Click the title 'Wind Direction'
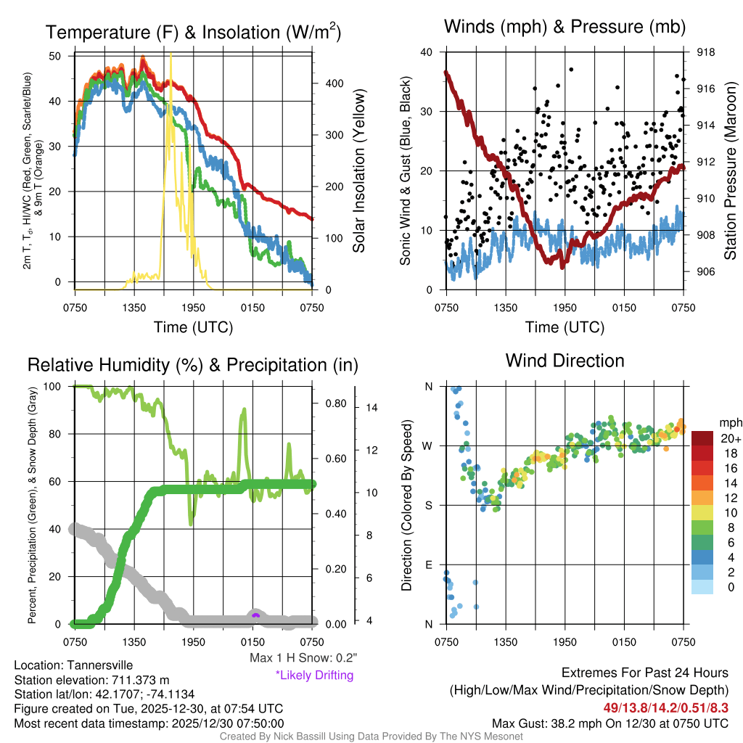pyautogui.click(x=565, y=361)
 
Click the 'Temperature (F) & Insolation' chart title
pyautogui.click(x=194, y=33)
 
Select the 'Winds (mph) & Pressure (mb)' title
pyautogui.click(x=565, y=27)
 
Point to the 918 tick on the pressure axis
pyautogui.click(x=706, y=52)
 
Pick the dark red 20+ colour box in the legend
pyautogui.click(x=703, y=438)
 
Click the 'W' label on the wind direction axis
pyautogui.click(x=428, y=446)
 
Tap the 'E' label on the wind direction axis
pyautogui.click(x=428, y=565)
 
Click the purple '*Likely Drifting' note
pyautogui.click(x=314, y=675)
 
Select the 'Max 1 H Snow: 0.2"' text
pyautogui.click(x=302, y=658)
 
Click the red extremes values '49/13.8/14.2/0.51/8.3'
pyautogui.click(x=665, y=706)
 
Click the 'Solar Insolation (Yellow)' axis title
pyautogui.click(x=358, y=171)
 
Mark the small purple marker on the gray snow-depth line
pyautogui.click(x=255, y=615)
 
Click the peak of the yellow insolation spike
pyautogui.click(x=171, y=54)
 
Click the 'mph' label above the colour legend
pyautogui.click(x=730, y=422)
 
